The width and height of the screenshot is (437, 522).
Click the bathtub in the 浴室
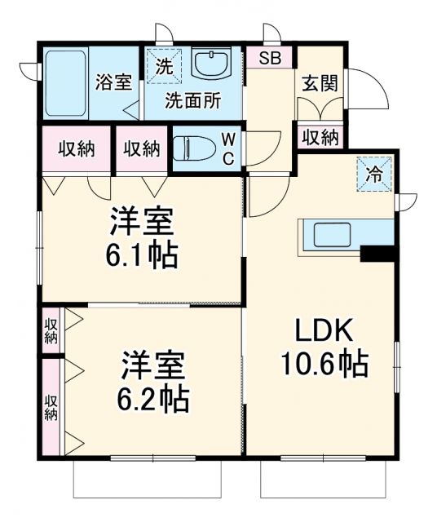tap(65, 84)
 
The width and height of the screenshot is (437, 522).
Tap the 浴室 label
tap(113, 82)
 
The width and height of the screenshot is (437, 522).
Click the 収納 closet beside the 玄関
tap(320, 136)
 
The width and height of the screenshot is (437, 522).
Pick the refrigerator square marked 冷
tap(374, 174)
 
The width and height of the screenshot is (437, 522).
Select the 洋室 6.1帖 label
tap(143, 238)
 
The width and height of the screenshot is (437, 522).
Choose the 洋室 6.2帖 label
tap(155, 382)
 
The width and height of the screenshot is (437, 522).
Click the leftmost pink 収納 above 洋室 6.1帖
tap(77, 148)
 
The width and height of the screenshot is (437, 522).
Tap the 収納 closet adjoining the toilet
tap(142, 148)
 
